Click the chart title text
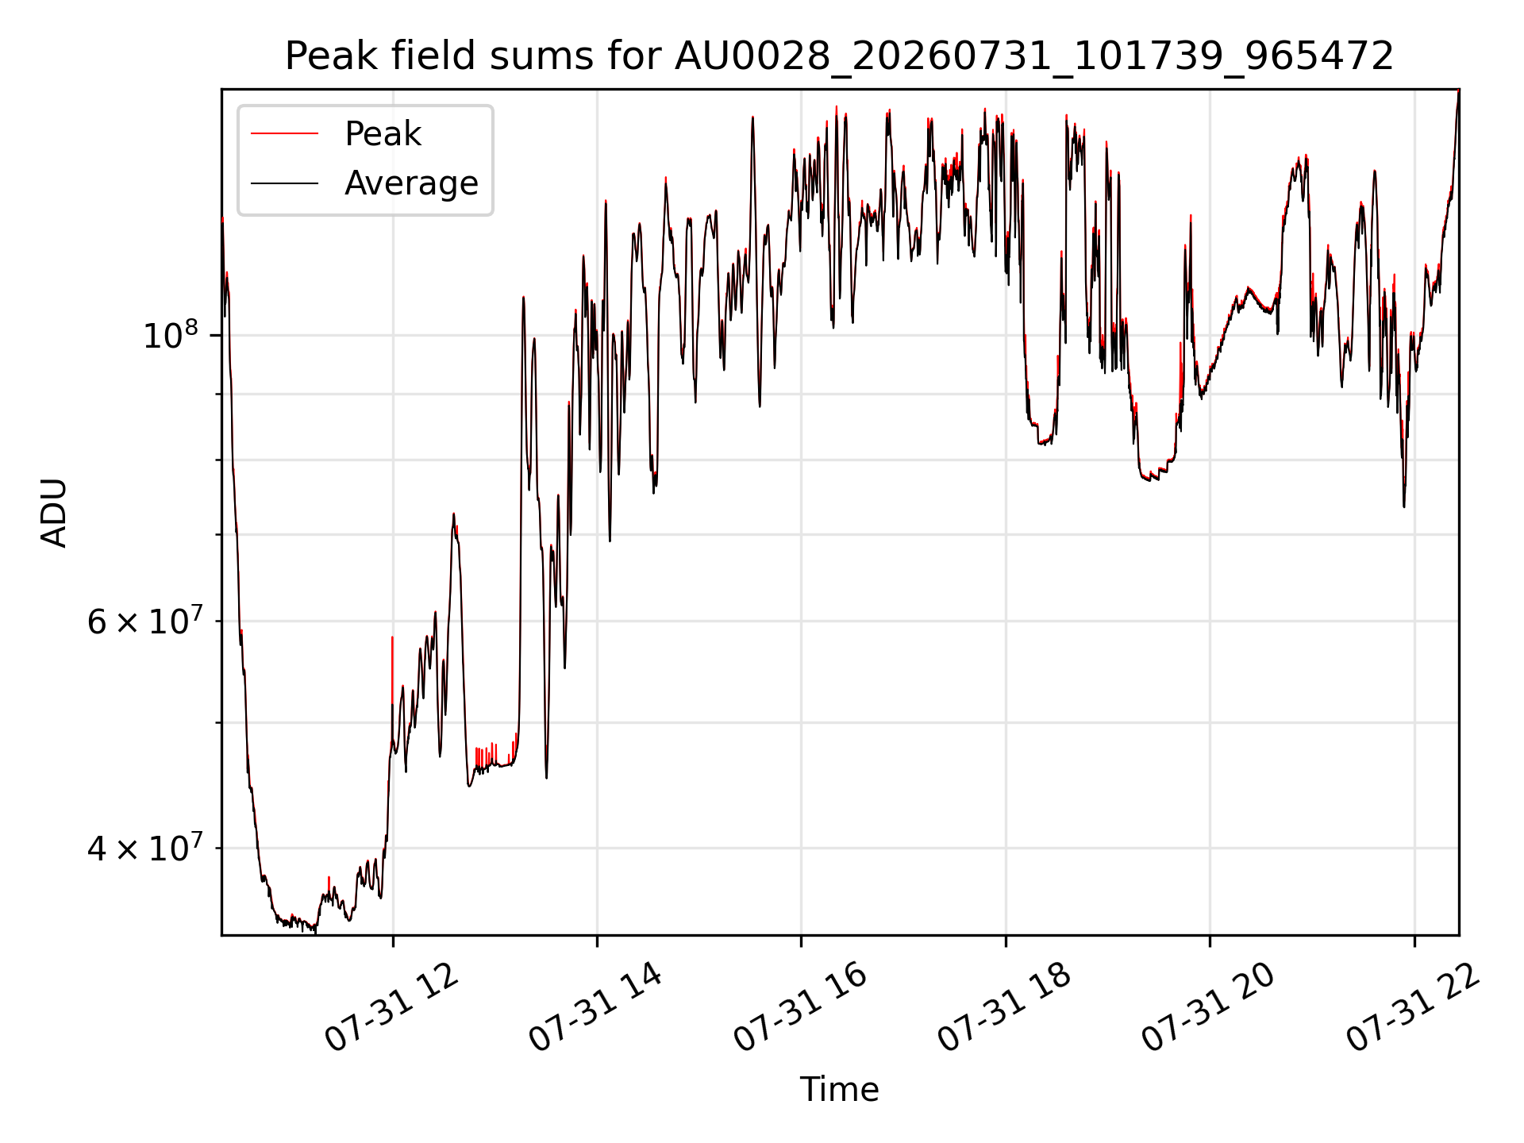click(839, 56)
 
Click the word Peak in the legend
click(383, 134)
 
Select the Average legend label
click(411, 183)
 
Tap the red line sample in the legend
click(284, 134)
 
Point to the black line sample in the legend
click(284, 183)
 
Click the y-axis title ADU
click(54, 513)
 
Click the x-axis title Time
click(839, 1090)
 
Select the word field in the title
click(434, 56)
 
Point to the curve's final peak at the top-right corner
click(1458, 91)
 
